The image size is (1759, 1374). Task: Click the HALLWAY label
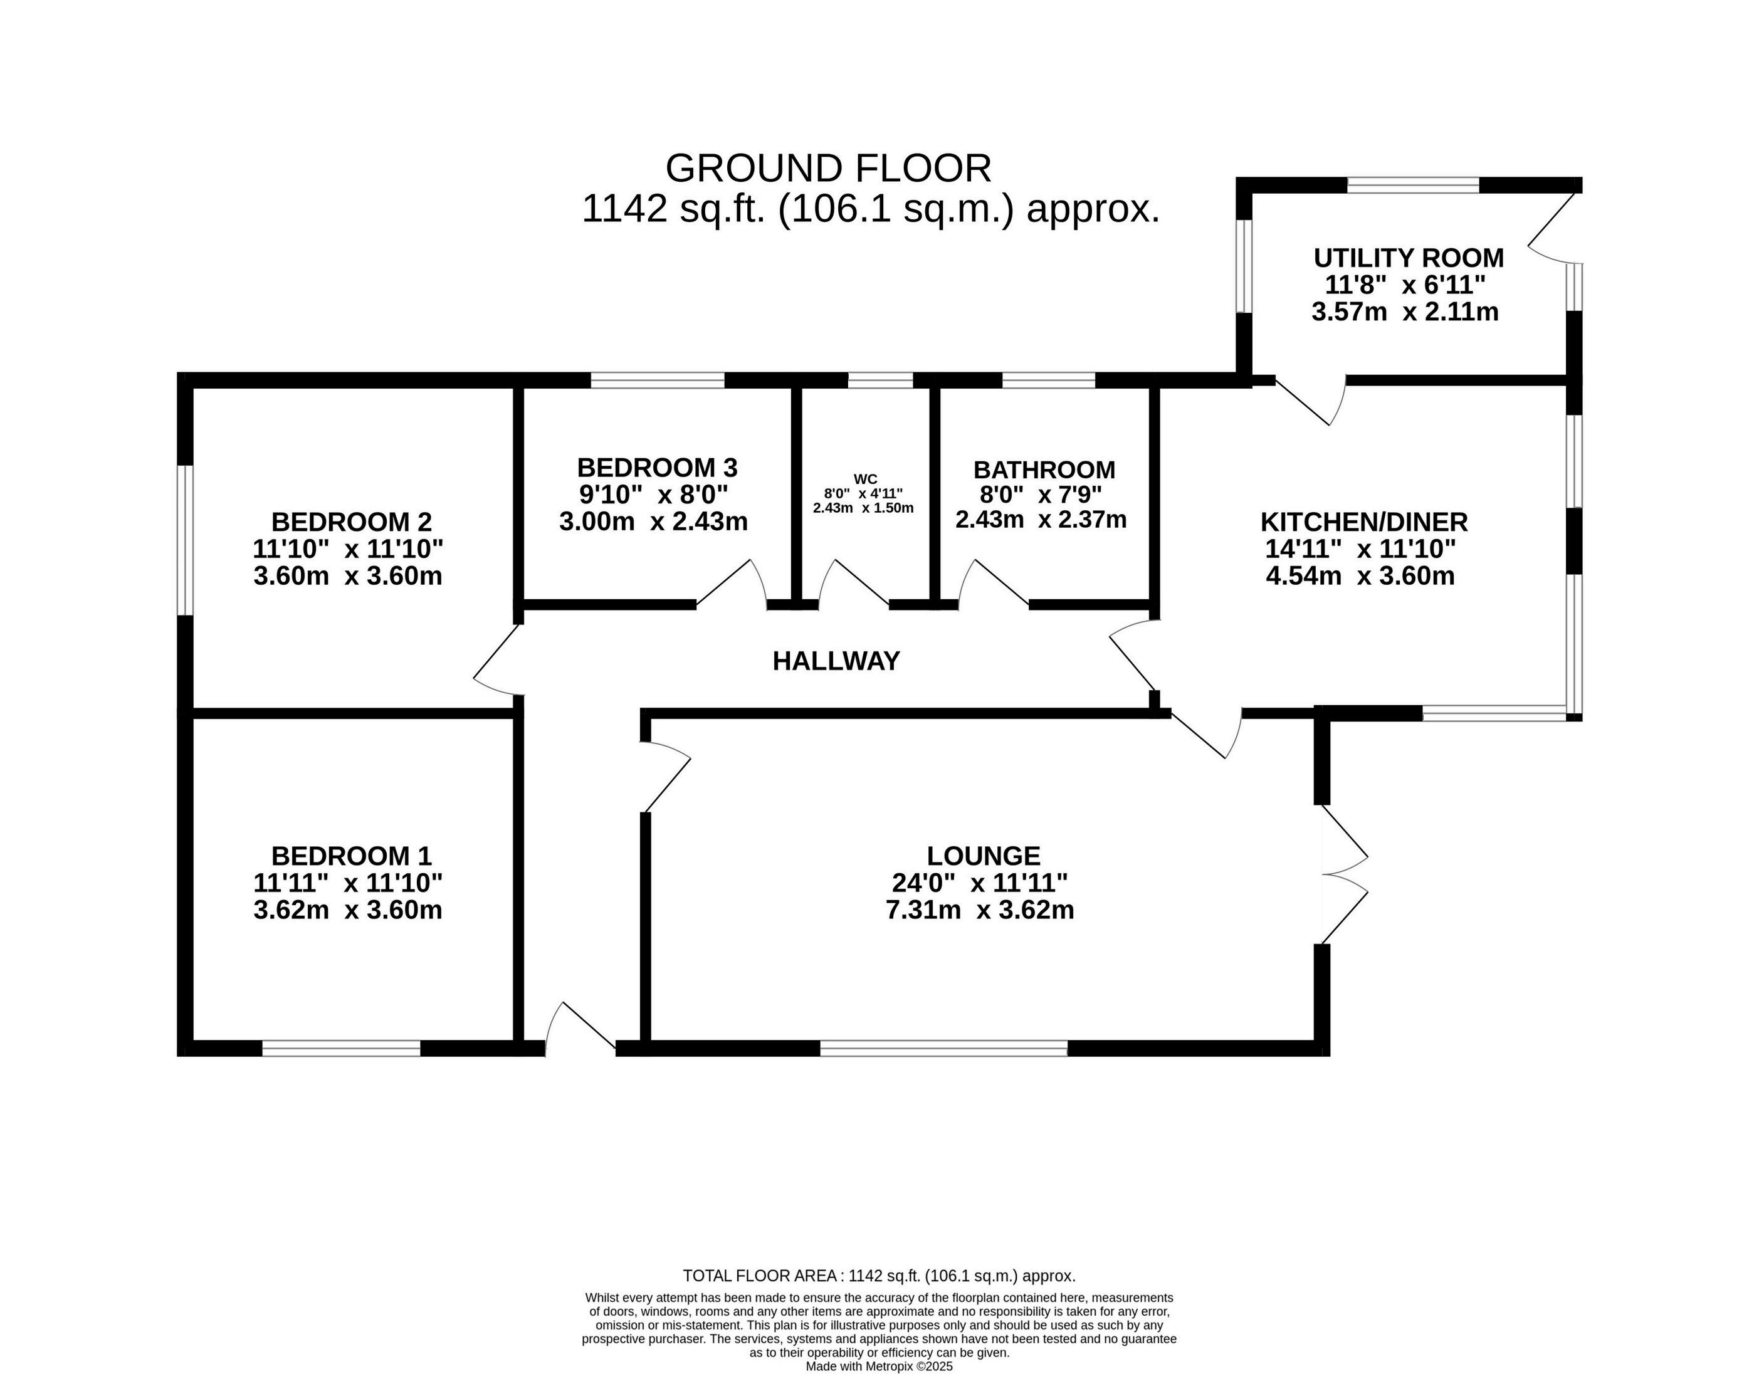pos(836,661)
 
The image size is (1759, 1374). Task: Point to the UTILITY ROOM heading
pos(1409,258)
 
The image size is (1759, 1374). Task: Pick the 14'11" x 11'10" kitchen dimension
pos(1361,548)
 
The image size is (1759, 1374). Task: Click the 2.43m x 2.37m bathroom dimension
pos(1041,520)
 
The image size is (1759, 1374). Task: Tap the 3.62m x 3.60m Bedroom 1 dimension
pos(348,910)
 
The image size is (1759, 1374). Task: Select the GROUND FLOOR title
pos(829,169)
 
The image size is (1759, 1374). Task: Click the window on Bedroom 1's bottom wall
pos(342,1048)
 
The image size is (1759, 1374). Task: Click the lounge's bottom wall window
pos(944,1048)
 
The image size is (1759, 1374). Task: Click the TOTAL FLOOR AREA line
pos(879,1298)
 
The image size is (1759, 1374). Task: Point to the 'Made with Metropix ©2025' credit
pos(879,1366)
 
